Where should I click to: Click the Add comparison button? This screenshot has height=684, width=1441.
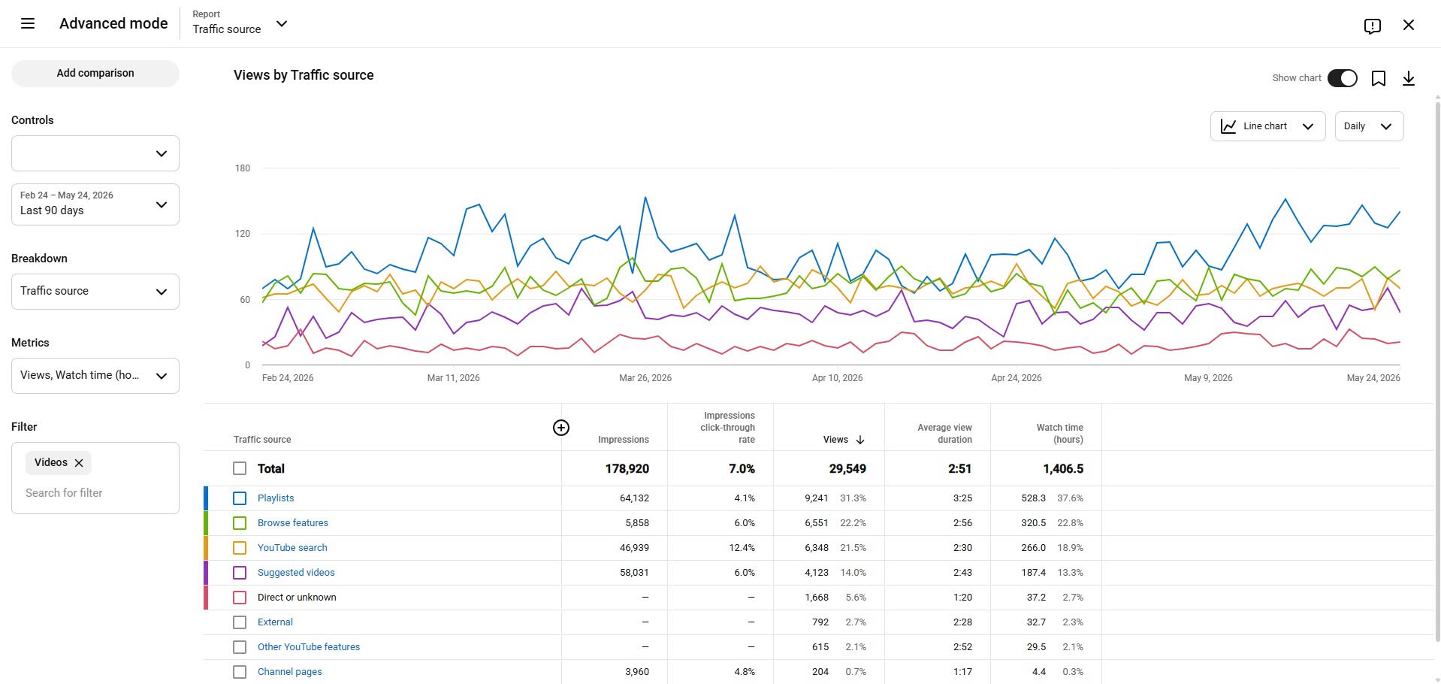pos(95,73)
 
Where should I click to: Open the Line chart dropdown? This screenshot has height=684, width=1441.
pos(1267,126)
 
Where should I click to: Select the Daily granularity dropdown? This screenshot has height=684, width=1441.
pos(1369,126)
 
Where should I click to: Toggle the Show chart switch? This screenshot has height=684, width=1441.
pos(1342,78)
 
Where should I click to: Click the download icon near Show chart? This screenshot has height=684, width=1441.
pos(1409,78)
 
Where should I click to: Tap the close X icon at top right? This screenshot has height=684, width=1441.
pos(1409,25)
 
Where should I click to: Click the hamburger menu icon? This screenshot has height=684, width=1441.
pos(28,23)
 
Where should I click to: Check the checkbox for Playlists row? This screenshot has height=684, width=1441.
pos(240,498)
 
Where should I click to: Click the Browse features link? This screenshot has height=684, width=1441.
pos(293,523)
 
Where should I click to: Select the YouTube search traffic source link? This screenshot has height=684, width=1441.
pos(292,548)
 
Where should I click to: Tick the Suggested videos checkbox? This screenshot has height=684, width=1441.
pos(240,573)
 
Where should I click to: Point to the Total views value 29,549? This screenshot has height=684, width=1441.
pos(847,469)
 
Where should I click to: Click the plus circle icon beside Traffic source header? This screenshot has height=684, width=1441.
pos(561,428)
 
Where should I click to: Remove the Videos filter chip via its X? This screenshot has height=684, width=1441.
pos(79,463)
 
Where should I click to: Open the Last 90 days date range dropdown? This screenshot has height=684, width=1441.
pos(95,204)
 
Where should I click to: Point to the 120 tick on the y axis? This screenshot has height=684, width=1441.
pos(243,234)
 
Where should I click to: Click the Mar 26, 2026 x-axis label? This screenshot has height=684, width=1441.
pos(645,378)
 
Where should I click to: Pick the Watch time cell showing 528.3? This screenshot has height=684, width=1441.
pos(1033,498)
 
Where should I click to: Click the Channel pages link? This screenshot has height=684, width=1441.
pos(289,672)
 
